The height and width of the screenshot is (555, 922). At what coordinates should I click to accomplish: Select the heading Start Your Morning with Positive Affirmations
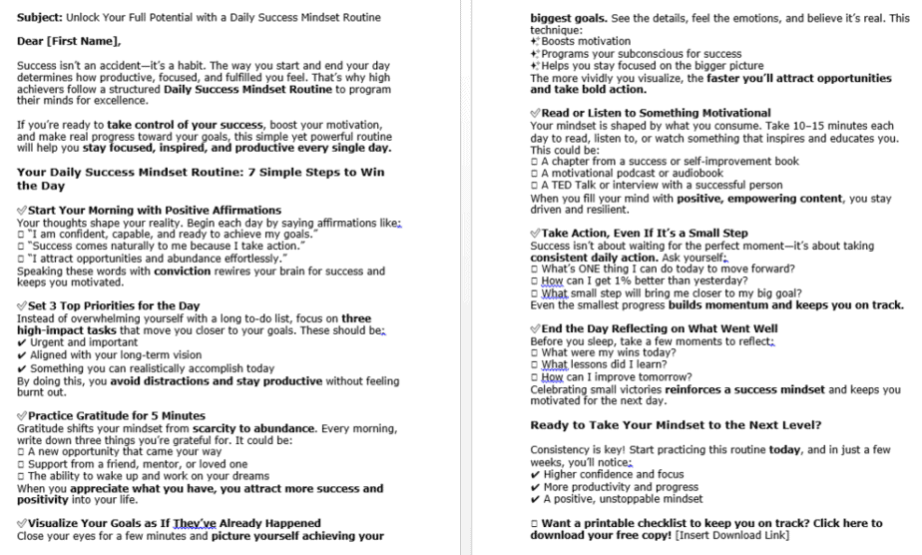click(155, 210)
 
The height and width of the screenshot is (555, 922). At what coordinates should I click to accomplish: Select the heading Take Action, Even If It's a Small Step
click(645, 233)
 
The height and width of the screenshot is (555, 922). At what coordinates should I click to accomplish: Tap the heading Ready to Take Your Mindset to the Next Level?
click(676, 424)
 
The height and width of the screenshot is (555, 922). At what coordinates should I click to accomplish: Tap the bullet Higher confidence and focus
click(612, 474)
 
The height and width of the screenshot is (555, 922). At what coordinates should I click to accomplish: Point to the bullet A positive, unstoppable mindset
click(623, 498)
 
